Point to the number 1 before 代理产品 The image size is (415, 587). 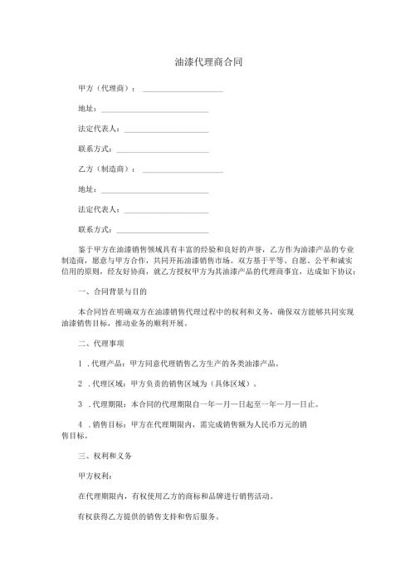coord(79,363)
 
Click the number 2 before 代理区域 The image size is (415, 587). coord(79,384)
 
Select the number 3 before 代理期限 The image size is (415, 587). coord(79,404)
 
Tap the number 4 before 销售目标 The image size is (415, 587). coord(79,425)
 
